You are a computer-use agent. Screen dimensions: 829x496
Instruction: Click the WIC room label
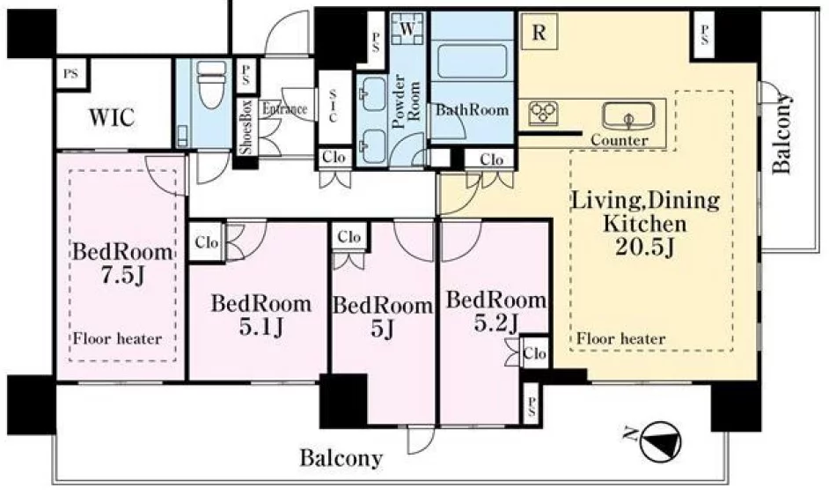click(112, 117)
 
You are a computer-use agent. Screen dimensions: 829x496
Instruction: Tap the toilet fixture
click(211, 84)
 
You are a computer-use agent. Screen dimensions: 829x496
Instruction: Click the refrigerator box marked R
click(539, 33)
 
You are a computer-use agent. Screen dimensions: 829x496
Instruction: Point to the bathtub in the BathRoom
click(472, 62)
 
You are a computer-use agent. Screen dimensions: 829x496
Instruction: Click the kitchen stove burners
click(544, 112)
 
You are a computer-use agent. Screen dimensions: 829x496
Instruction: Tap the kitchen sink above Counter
click(628, 116)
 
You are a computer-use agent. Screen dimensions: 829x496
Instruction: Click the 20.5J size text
click(645, 247)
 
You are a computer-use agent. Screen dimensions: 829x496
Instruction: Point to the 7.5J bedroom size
click(122, 275)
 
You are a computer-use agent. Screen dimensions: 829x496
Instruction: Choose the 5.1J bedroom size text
click(261, 327)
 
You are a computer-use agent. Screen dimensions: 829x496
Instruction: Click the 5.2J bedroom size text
click(495, 322)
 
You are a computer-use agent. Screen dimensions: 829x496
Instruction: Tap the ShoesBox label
click(246, 127)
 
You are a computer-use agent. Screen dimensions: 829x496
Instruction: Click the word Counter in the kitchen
click(620, 140)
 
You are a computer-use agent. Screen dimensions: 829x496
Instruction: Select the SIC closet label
click(333, 106)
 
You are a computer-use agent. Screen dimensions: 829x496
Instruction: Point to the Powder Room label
click(406, 101)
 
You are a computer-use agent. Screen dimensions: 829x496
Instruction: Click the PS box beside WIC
click(71, 74)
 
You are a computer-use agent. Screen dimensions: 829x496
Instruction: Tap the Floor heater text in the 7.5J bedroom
click(117, 338)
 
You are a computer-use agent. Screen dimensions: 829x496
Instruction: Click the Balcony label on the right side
click(781, 133)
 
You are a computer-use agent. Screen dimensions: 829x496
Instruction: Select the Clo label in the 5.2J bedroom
click(535, 352)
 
